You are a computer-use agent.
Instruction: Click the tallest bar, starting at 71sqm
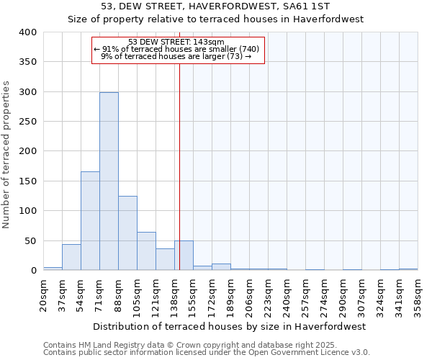pyautogui.click(x=109, y=181)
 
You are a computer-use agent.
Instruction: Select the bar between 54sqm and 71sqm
pyautogui.click(x=90, y=221)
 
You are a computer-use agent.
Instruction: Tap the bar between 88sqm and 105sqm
pyautogui.click(x=127, y=233)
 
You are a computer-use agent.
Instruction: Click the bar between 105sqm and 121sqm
pyautogui.click(x=146, y=251)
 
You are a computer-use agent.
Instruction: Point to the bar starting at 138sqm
pyautogui.click(x=184, y=256)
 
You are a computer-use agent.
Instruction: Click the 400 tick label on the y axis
pyautogui.click(x=27, y=32)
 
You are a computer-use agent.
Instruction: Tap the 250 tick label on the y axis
pyautogui.click(x=27, y=122)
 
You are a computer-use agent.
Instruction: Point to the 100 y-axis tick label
pyautogui.click(x=27, y=211)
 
